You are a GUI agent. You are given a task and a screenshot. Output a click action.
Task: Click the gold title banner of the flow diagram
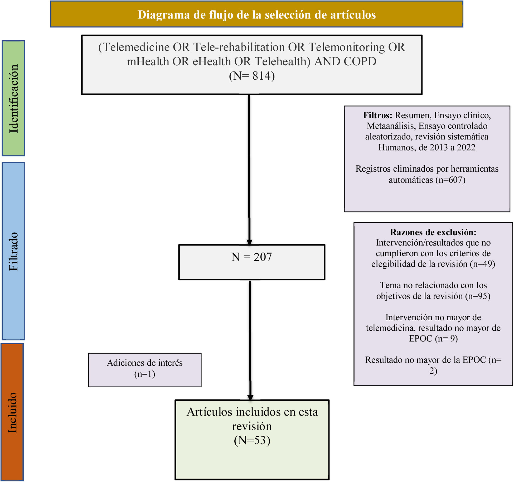click(256, 15)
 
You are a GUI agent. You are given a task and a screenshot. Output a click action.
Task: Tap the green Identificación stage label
click(13, 98)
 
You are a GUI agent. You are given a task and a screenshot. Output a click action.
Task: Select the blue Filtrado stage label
click(13, 251)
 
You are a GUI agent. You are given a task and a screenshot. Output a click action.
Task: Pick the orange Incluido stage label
click(12, 412)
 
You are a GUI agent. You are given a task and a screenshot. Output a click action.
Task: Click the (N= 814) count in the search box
click(252, 76)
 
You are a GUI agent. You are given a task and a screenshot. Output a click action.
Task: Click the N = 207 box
click(251, 262)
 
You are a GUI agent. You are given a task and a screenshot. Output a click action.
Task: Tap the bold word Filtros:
click(377, 115)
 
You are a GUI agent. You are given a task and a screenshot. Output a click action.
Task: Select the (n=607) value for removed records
click(450, 180)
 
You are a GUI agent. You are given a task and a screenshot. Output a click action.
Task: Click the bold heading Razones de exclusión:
click(433, 232)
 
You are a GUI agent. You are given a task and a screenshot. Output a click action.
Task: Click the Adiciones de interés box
click(145, 370)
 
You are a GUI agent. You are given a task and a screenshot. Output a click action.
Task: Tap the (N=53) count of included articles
click(252, 440)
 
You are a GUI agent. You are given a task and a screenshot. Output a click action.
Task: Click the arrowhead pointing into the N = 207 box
click(249, 242)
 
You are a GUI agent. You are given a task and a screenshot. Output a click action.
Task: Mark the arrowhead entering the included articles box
click(250, 398)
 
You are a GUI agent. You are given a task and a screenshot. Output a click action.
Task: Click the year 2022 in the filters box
click(466, 147)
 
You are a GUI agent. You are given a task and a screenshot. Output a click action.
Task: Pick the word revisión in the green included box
click(252, 426)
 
